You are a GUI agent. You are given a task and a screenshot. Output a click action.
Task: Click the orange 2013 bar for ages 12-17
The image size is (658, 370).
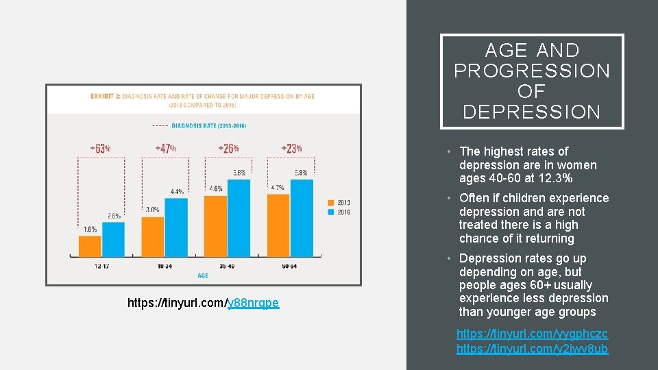(x=90, y=246)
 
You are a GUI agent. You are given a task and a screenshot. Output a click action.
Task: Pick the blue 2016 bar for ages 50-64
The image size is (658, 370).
(x=302, y=218)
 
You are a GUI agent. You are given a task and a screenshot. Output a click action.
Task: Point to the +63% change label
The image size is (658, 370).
(x=100, y=148)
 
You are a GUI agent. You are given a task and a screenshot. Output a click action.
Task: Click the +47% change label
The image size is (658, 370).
(x=165, y=148)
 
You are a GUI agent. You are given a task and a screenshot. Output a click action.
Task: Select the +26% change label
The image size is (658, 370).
(x=228, y=148)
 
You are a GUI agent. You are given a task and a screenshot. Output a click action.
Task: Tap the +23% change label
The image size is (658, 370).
(x=291, y=148)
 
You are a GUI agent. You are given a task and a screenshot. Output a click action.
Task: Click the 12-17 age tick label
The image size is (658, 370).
(x=101, y=265)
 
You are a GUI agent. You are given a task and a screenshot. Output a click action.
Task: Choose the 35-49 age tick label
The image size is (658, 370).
(x=228, y=265)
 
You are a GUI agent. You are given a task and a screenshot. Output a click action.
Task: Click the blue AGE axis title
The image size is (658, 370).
(x=203, y=275)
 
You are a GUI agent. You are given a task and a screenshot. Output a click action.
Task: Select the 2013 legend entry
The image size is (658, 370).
(x=340, y=203)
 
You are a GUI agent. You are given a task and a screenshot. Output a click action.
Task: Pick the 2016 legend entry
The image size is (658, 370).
(x=340, y=212)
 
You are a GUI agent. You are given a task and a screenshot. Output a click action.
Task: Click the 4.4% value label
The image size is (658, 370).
(x=177, y=192)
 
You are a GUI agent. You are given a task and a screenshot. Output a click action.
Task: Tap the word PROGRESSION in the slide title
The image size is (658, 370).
(x=532, y=71)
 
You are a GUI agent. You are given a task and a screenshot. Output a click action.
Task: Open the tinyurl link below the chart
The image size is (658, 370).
(x=204, y=302)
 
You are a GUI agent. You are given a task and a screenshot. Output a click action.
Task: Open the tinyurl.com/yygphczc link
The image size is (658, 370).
(x=532, y=334)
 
